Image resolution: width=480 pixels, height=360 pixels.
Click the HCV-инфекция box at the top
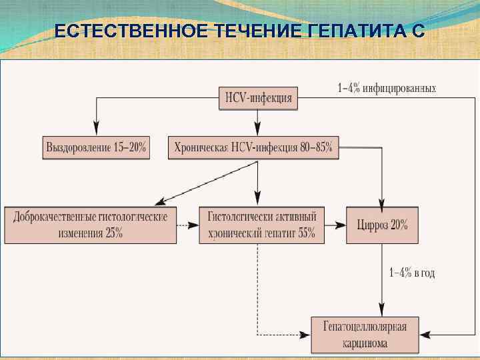(257, 98)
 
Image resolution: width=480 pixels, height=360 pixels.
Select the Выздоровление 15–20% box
(96, 147)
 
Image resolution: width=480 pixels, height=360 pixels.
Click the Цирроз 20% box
(381, 225)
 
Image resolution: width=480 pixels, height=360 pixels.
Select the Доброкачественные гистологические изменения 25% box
(91, 225)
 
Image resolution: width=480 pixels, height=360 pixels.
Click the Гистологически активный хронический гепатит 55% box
(261, 225)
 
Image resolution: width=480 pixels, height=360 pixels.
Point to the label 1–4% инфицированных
(387, 87)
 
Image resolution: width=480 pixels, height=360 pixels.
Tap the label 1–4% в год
(412, 273)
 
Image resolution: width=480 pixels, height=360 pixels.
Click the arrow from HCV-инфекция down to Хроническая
(257, 121)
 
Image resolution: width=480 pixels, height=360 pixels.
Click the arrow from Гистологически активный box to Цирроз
(335, 225)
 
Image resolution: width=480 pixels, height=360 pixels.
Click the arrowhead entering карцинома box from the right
(424, 333)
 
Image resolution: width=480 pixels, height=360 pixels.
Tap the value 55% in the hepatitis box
(306, 233)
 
